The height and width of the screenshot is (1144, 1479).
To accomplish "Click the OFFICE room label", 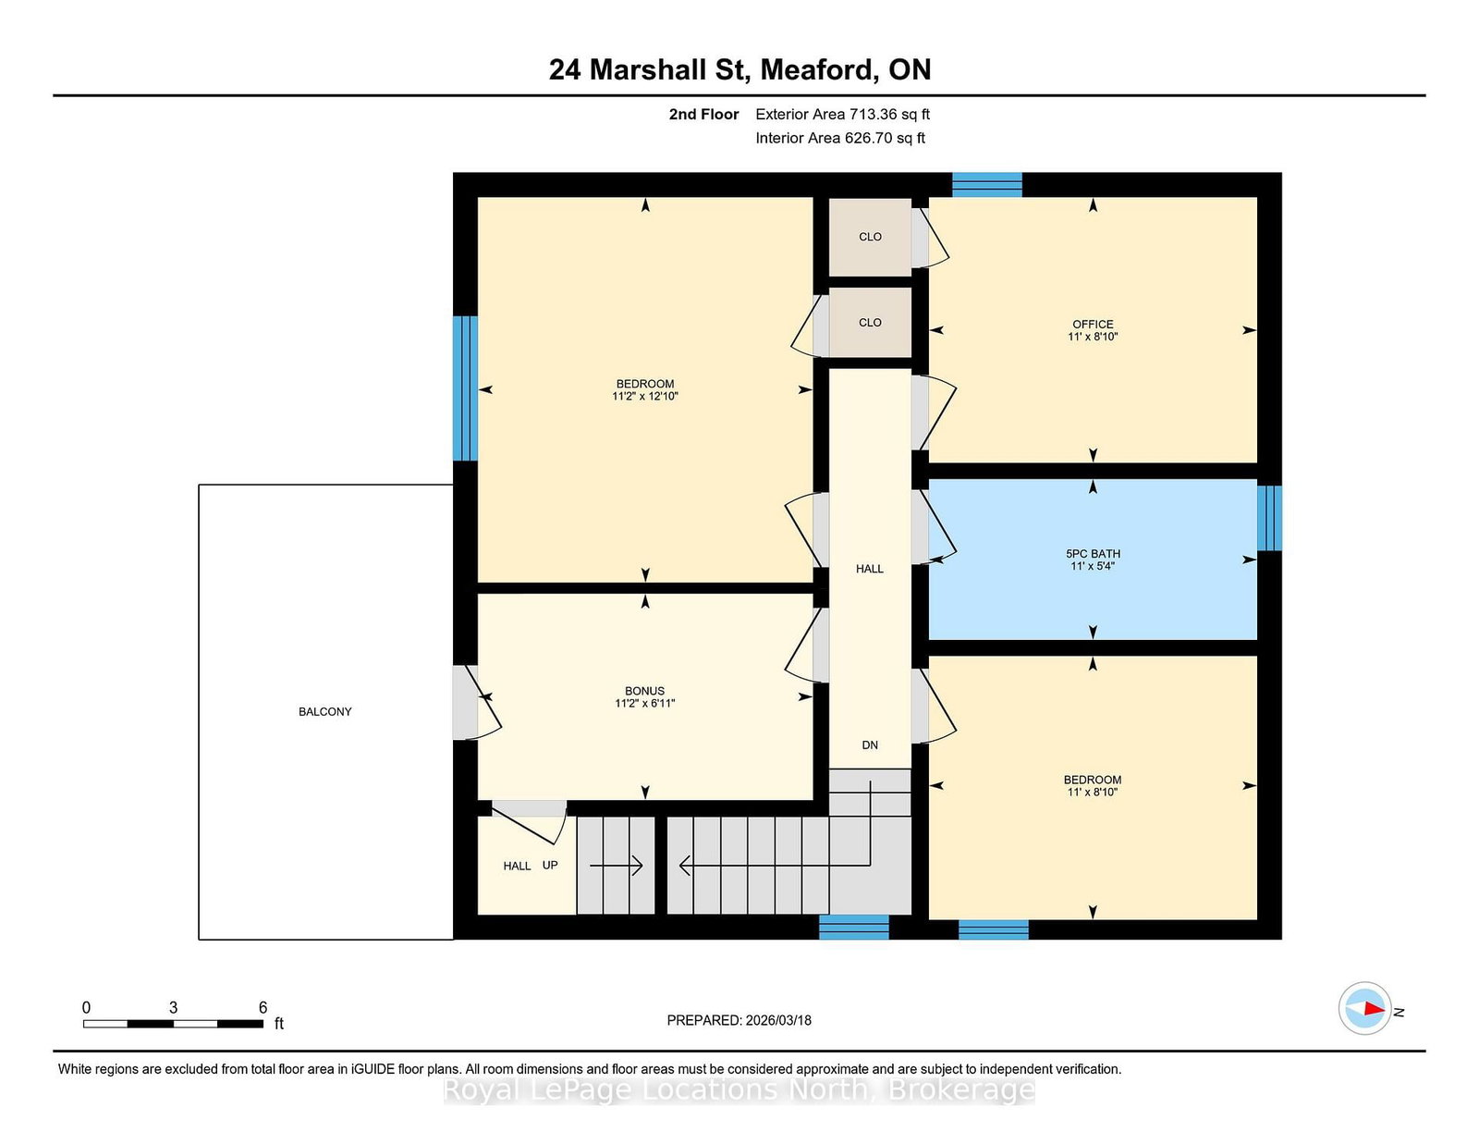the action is point(1093,324).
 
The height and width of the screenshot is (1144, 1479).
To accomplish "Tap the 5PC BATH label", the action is point(1093,554).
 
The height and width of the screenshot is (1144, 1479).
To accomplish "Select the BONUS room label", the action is point(644,691).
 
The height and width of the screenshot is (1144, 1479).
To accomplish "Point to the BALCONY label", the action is point(324,711).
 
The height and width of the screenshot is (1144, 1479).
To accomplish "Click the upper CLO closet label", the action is point(870,237).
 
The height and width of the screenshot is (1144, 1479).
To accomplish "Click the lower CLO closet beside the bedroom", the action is point(870,323).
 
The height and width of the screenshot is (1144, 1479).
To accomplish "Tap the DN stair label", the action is point(870,745).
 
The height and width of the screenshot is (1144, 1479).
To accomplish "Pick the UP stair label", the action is point(550,865).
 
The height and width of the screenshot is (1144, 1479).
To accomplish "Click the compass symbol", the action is point(1364,1008).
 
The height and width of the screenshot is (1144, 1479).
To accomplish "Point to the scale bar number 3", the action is point(174,1007).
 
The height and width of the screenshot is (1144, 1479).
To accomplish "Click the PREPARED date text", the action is point(739,1020).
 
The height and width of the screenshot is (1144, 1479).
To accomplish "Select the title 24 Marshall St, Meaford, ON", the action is point(739,69).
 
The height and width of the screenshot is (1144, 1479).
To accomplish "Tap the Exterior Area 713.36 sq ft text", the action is point(843,115).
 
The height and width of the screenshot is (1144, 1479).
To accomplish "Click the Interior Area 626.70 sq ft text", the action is point(840,138).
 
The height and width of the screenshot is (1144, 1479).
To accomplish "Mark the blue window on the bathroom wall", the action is point(1268,518).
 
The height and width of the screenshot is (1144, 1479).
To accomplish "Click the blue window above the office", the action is point(987,185).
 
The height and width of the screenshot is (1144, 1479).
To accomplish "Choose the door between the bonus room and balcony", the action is point(476,702).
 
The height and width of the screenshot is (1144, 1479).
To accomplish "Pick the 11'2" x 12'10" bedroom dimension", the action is point(645,397).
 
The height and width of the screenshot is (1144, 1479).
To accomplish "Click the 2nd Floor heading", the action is point(703,115).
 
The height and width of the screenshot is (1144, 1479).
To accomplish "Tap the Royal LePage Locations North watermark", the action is point(739,1090).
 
